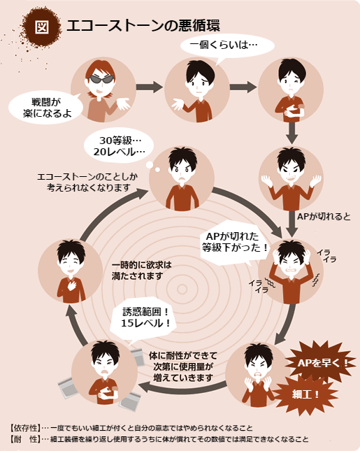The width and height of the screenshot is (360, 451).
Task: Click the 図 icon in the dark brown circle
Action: pyautogui.click(x=42, y=27)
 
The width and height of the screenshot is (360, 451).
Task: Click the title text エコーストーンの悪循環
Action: pyautogui.click(x=143, y=26)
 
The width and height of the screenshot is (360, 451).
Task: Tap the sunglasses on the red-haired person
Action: pyautogui.click(x=101, y=79)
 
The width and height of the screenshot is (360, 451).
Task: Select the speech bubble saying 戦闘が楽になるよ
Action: pyautogui.click(x=46, y=108)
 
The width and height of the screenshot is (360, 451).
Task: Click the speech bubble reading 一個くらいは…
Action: pyautogui.click(x=227, y=46)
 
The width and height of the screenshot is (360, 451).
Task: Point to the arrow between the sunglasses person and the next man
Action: pyautogui.click(x=150, y=87)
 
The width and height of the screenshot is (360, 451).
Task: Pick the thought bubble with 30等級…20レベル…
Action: pyautogui.click(x=119, y=146)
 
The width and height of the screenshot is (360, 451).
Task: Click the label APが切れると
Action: pyautogui.click(x=324, y=216)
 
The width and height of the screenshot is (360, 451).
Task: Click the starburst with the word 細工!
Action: pyautogui.click(x=305, y=394)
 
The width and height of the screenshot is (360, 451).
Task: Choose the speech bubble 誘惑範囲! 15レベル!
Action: pyautogui.click(x=144, y=317)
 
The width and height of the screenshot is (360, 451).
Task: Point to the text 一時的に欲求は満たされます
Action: pyautogui.click(x=141, y=271)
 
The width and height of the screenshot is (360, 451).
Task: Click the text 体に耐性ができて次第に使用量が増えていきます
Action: pyautogui.click(x=183, y=366)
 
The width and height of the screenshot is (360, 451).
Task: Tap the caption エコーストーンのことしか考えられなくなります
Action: pyautogui.click(x=87, y=182)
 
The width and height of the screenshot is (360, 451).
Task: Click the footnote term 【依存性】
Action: pyautogui.click(x=26, y=428)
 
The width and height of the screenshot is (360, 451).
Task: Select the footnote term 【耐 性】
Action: pyautogui.click(x=26, y=439)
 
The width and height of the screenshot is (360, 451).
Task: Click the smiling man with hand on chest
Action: pyautogui.click(x=71, y=271)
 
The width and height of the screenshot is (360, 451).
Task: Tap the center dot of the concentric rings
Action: pyautogui.click(x=182, y=289)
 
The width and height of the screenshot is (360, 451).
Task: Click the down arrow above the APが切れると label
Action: pyautogui.click(x=291, y=133)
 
